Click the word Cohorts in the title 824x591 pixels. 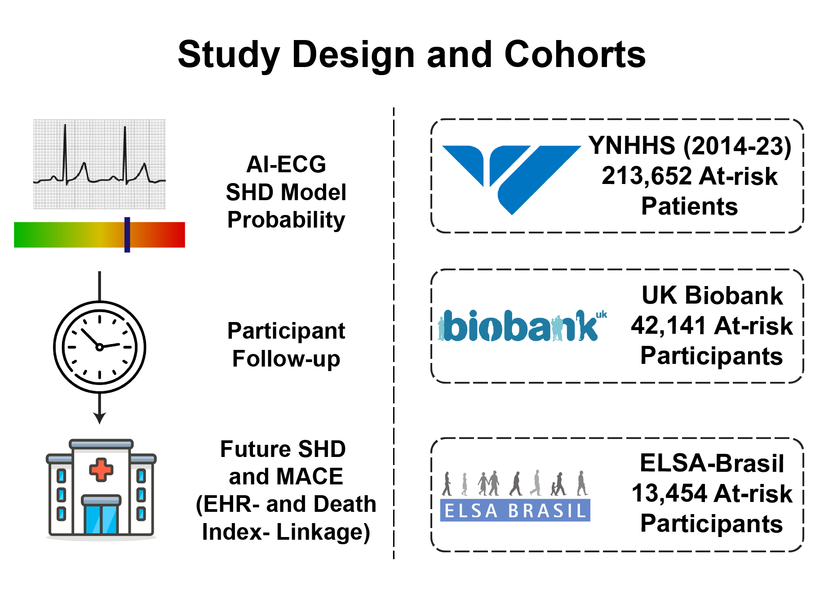575,54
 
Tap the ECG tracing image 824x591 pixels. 99,164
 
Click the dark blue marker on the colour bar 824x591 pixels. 127,235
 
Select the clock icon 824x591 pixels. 99,347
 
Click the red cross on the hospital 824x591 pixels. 101,470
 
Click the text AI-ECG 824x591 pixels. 286,164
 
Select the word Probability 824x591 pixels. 286,220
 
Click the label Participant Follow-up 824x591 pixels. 286,345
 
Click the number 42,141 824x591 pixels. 669,326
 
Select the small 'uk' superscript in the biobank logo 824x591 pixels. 601,315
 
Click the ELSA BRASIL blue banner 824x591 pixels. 515,510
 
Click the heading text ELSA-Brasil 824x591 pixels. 712,463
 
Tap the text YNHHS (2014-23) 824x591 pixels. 690,146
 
